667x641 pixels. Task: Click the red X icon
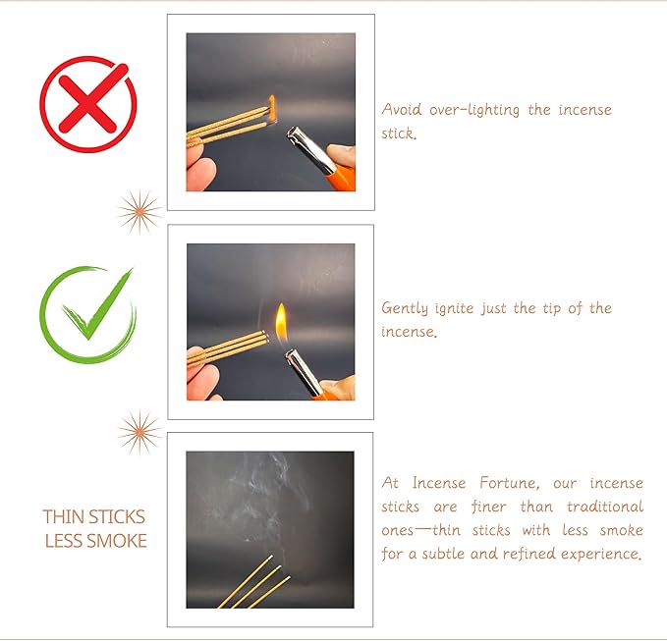click(x=88, y=105)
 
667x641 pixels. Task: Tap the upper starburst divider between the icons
click(x=139, y=210)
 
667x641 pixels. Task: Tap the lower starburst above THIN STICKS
click(x=138, y=431)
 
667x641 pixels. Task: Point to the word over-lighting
click(x=476, y=109)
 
